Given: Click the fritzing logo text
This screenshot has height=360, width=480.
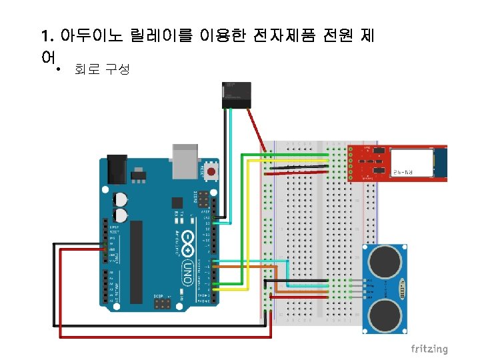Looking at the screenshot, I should tap(429, 349).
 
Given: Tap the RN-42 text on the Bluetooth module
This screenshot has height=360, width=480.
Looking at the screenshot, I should tap(410, 172).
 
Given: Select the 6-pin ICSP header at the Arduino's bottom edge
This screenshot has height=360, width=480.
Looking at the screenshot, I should tap(161, 304).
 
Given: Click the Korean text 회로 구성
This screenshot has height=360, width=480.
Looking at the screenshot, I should tap(102, 69).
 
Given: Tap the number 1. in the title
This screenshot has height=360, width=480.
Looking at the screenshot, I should tap(46, 35).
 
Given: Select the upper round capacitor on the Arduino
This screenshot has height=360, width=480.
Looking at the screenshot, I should tap(121, 199).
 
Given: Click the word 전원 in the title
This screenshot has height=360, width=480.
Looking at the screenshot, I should tap(331, 35).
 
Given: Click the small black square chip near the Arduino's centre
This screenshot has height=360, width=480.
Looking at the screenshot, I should tap(177, 203).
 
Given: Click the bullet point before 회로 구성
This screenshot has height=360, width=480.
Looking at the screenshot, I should tap(59, 69).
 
